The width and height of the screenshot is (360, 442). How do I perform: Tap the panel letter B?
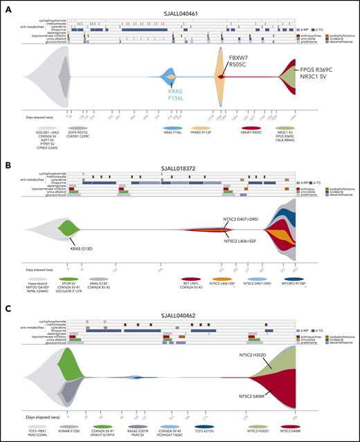10,153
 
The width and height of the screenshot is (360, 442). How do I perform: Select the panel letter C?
10,295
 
